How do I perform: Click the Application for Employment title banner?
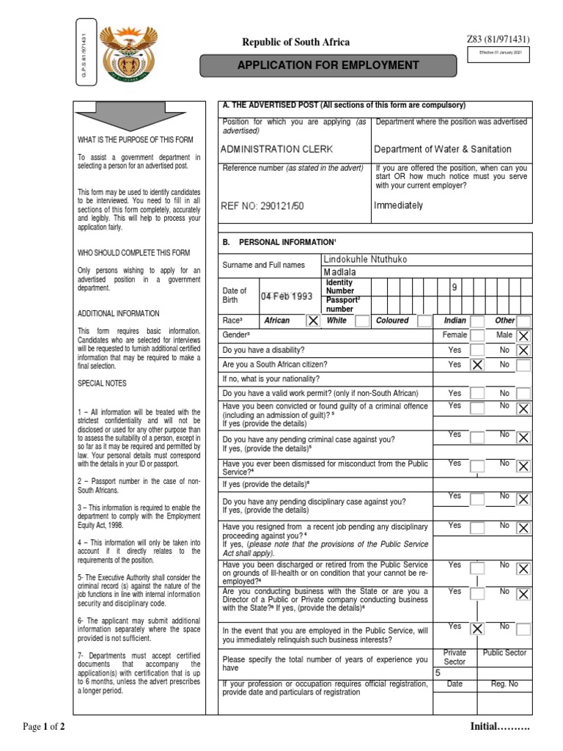point(328,65)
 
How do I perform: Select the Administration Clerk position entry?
point(276,149)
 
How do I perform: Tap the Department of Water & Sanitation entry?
point(442,149)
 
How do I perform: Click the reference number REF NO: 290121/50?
point(262,206)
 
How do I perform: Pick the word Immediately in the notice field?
point(398,205)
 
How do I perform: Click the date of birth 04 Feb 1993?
point(286,296)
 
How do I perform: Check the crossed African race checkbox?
point(312,320)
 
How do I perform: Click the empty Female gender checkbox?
point(477,336)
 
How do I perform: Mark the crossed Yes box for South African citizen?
point(477,364)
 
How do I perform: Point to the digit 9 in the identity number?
point(455,289)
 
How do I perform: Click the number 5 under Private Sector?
point(438,673)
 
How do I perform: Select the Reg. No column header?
point(504,684)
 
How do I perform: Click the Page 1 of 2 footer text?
point(44,727)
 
